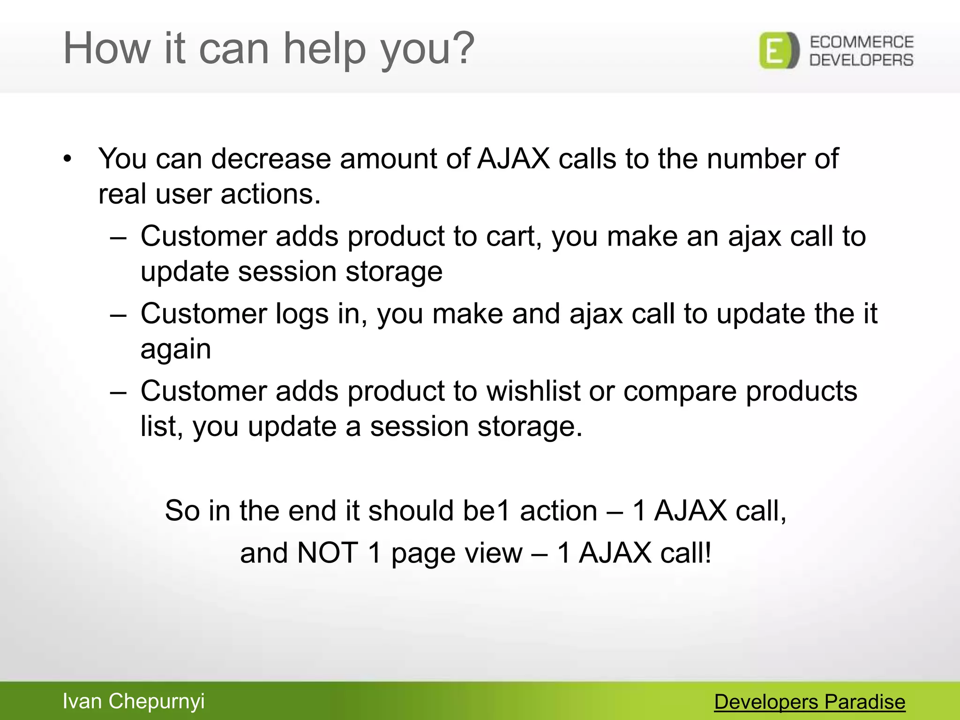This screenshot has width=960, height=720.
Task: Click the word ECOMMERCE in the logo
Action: pyautogui.click(x=862, y=42)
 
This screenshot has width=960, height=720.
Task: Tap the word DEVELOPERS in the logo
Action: pyautogui.click(x=862, y=60)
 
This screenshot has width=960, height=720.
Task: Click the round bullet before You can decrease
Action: pyautogui.click(x=68, y=159)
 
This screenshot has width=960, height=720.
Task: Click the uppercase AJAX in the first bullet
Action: pyautogui.click(x=513, y=158)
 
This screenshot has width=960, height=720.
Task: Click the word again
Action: pyautogui.click(x=176, y=350)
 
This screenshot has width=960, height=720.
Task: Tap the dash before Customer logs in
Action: pyautogui.click(x=118, y=315)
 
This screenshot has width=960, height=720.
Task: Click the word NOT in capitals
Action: pyautogui.click(x=328, y=553)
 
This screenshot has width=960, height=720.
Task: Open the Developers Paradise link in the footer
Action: pyautogui.click(x=810, y=702)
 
